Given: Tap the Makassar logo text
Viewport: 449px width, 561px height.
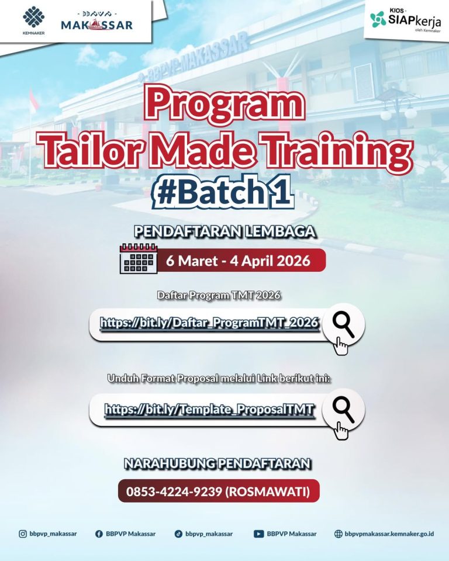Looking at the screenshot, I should click(97, 25).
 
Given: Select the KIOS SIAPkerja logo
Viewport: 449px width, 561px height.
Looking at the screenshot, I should click(404, 20).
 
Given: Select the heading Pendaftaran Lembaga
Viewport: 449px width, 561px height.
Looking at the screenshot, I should click(224, 232).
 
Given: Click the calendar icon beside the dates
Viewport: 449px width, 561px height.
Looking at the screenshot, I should click(139, 258).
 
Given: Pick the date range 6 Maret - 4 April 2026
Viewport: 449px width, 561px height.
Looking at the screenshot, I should click(238, 260).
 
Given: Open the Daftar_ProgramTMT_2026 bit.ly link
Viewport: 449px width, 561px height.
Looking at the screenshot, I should click(209, 323).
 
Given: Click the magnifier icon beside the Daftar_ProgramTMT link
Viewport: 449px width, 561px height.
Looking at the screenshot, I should click(343, 324).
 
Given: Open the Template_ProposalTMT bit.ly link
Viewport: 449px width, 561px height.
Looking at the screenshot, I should click(209, 410).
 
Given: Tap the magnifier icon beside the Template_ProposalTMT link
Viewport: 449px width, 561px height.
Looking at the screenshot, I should click(343, 410).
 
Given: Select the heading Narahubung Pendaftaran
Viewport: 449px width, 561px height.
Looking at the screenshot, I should click(217, 464).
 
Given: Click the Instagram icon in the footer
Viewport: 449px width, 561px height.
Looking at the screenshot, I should click(23, 534).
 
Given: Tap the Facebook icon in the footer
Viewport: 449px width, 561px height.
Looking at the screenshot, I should click(99, 534).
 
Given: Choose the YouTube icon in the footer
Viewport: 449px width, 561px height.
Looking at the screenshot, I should click(258, 534).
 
